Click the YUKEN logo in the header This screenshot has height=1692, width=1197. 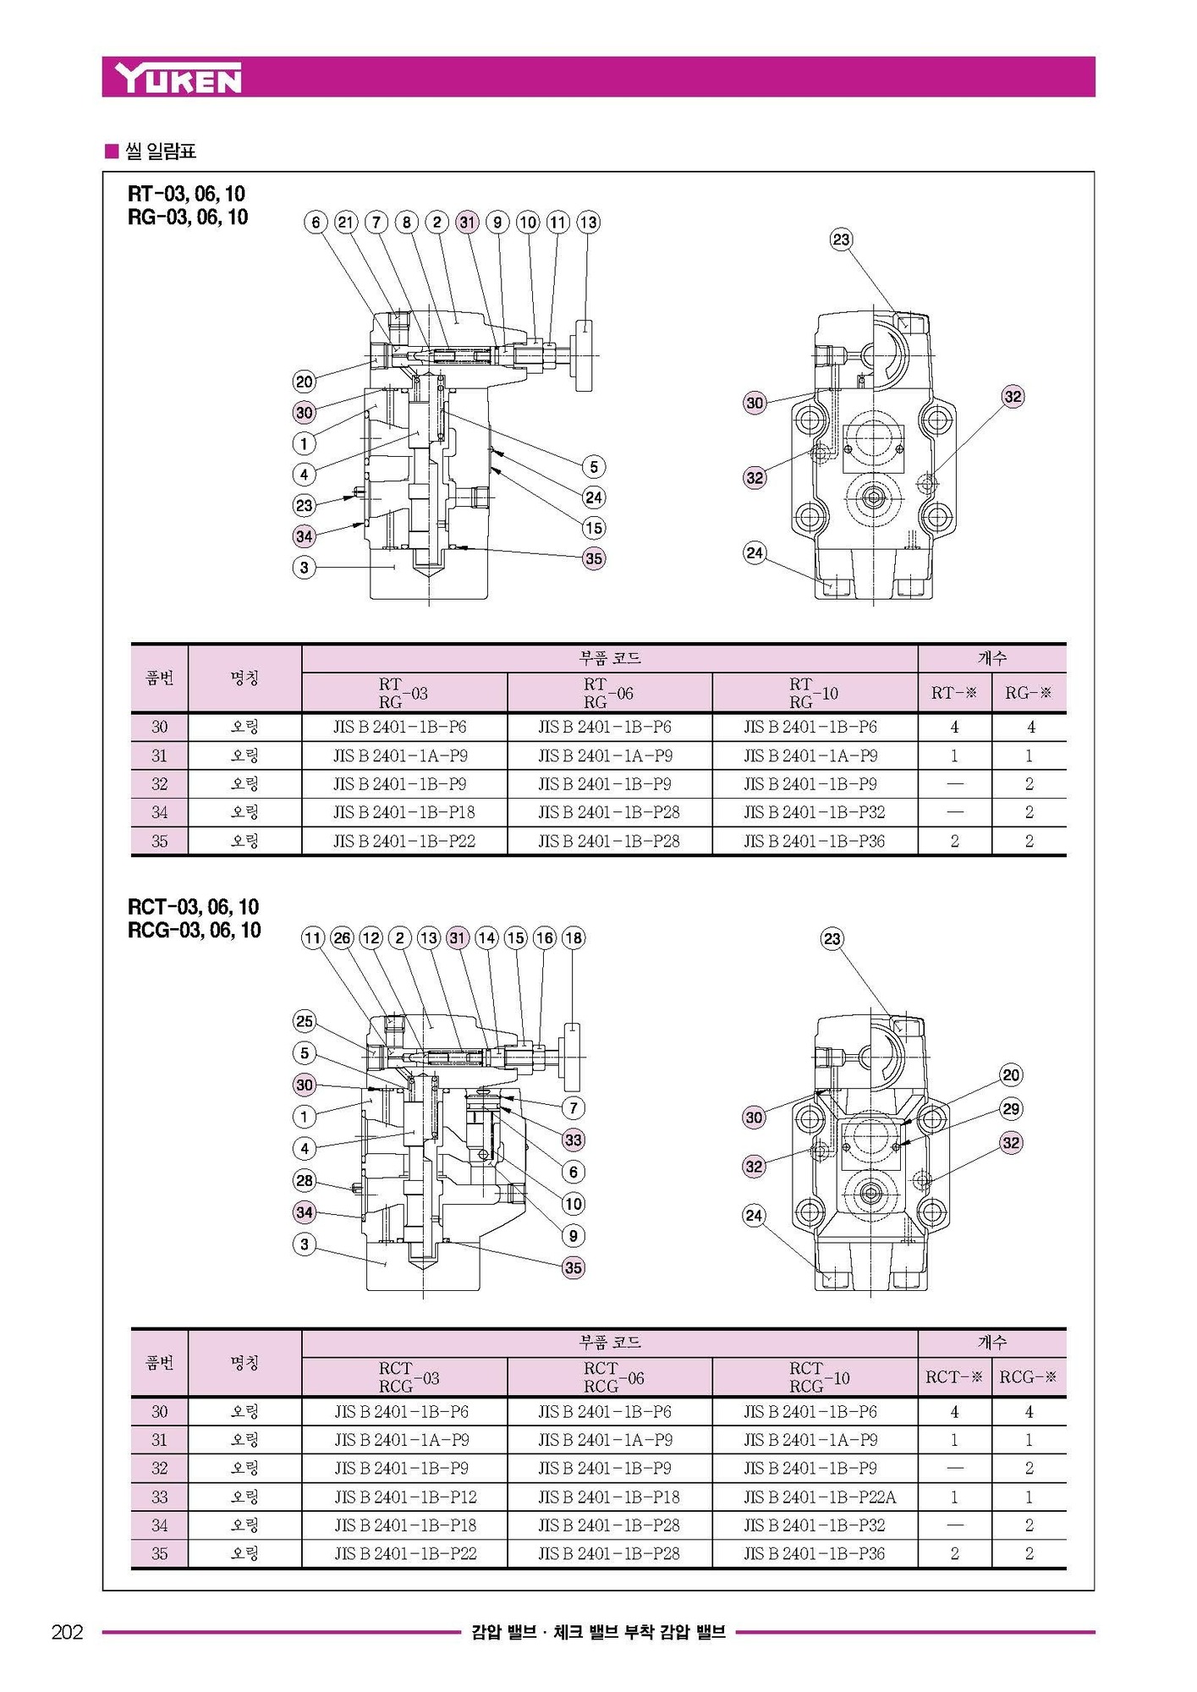pyautogui.click(x=179, y=78)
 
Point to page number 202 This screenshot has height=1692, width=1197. pyautogui.click(x=68, y=1632)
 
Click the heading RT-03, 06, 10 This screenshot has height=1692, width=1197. pyautogui.click(x=187, y=194)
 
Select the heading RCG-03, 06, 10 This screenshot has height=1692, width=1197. pyautogui.click(x=194, y=930)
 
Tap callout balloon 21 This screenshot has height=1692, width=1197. pyautogui.click(x=346, y=222)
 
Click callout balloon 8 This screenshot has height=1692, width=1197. pyautogui.click(x=407, y=222)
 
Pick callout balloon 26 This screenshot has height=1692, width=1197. pyautogui.click(x=342, y=937)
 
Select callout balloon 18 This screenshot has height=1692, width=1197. pyautogui.click(x=574, y=937)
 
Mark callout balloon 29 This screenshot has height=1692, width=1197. pyautogui.click(x=1011, y=1108)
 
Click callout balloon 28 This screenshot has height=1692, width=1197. pyautogui.click(x=305, y=1180)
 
